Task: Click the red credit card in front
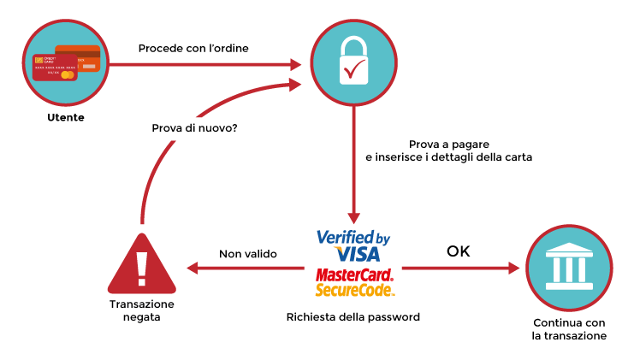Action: pos(53,68)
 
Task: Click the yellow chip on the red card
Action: pos(39,60)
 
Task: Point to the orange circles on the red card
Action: pos(66,75)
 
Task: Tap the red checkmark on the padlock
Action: pos(354,68)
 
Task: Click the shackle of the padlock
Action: pos(353,46)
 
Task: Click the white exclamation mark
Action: pos(142,268)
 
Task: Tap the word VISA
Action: pos(358,254)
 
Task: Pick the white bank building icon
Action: pos(569,268)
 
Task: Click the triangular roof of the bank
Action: pos(569,248)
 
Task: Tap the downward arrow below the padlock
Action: pos(353,162)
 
